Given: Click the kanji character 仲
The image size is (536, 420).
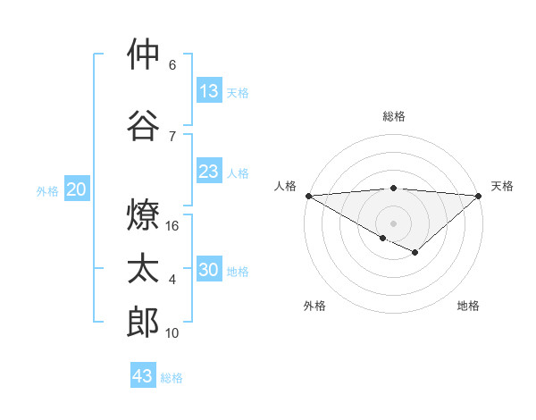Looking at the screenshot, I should pyautogui.click(x=143, y=55).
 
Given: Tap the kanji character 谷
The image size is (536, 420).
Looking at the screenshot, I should pyautogui.click(x=143, y=124).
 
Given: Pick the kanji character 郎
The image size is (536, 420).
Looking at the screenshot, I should pyautogui.click(x=143, y=323).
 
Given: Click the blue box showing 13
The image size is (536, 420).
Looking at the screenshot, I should pyautogui.click(x=209, y=91).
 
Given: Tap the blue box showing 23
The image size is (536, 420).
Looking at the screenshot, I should pyautogui.click(x=209, y=172).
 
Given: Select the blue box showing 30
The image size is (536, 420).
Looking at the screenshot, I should pyautogui.click(x=209, y=271).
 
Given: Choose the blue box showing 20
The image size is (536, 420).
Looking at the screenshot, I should pyautogui.click(x=77, y=189).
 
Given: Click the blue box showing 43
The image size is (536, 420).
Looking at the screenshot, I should pyautogui.click(x=143, y=376).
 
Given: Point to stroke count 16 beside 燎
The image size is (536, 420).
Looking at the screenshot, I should pyautogui.click(x=173, y=226).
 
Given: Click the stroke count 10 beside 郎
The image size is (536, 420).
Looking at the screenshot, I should pyautogui.click(x=173, y=333).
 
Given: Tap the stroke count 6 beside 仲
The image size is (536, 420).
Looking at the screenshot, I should pyautogui.click(x=172, y=65).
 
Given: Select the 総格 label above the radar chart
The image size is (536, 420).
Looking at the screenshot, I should pyautogui.click(x=394, y=116).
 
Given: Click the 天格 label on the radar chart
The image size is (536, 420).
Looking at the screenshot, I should pyautogui.click(x=502, y=186).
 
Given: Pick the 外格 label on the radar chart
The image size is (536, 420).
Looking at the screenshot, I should pyautogui.click(x=314, y=306).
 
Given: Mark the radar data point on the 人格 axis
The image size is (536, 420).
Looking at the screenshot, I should pyautogui.click(x=308, y=195).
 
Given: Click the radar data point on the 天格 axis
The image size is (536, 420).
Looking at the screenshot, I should pyautogui.click(x=479, y=195).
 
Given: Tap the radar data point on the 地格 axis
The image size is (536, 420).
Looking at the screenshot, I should pyautogui.click(x=415, y=253).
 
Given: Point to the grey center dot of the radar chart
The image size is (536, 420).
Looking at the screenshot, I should pyautogui.click(x=393, y=223).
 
